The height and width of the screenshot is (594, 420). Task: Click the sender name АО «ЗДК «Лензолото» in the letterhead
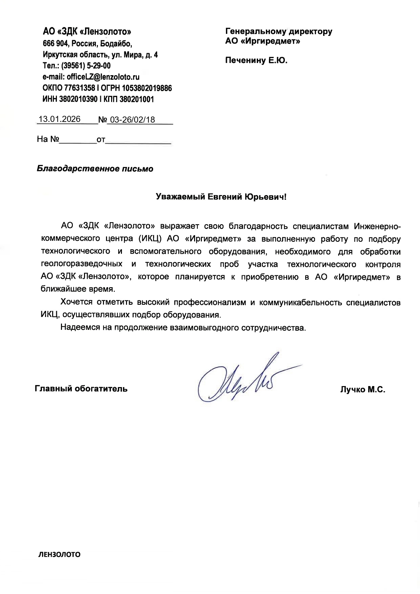87,32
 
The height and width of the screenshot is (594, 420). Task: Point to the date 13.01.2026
59,119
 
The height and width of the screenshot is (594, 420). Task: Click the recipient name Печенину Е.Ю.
256,61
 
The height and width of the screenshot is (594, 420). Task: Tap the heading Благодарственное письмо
95,169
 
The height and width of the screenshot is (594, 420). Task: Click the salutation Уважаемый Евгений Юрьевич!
221,197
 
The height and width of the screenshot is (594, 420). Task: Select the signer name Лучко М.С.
363,390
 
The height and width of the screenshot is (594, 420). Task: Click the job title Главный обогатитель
81,389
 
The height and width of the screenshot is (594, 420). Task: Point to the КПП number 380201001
137,100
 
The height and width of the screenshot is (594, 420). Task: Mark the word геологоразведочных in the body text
82,264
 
